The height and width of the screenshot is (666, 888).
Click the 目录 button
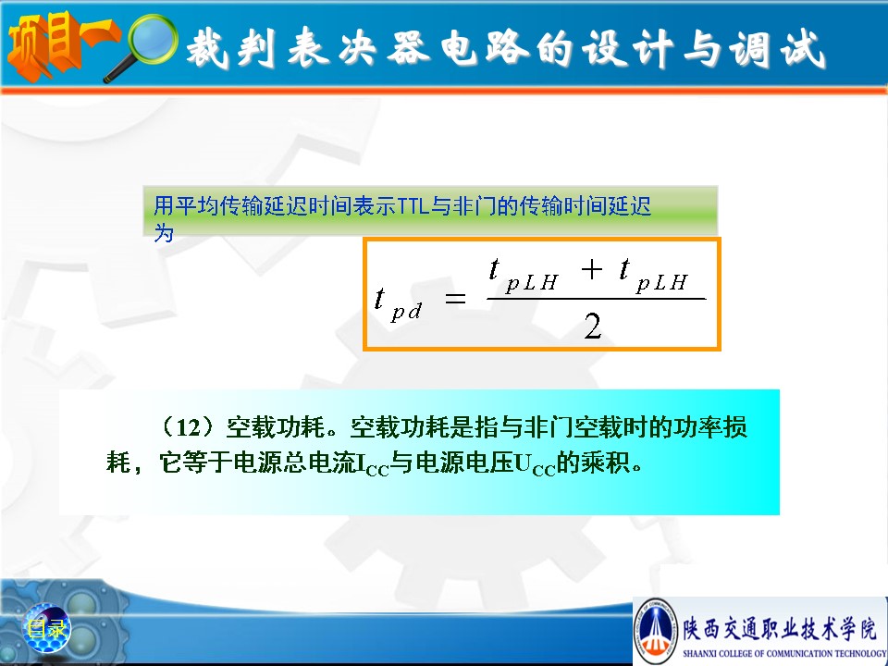click(x=46, y=628)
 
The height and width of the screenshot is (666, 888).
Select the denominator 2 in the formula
click(x=592, y=327)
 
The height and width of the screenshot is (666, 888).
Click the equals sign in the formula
click(x=455, y=298)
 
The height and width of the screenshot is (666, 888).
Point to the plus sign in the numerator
click(x=591, y=268)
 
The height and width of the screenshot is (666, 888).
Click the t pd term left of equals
click(x=398, y=304)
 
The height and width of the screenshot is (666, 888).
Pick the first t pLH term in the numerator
click(x=524, y=276)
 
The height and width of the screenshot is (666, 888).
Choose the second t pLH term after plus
click(x=654, y=276)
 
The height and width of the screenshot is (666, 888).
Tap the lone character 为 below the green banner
click(x=164, y=233)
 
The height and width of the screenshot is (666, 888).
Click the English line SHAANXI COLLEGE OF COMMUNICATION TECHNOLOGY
click(x=785, y=653)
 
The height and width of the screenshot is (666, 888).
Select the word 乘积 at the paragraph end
click(x=605, y=462)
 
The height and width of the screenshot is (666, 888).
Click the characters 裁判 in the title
click(x=231, y=47)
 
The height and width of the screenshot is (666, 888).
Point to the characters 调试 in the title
click(x=777, y=49)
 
